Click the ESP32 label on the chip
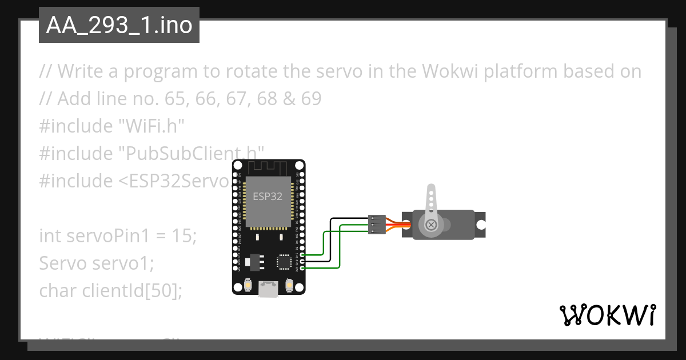(268, 196)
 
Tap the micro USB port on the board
(268, 290)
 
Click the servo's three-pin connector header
(376, 224)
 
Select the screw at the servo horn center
(431, 225)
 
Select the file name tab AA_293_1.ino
(119, 26)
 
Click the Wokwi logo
(607, 315)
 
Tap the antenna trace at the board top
(268, 169)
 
